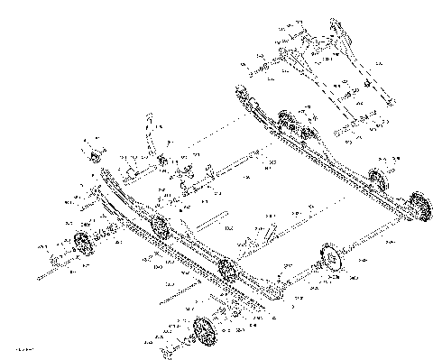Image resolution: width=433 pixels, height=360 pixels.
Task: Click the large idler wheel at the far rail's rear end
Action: tap(416, 205)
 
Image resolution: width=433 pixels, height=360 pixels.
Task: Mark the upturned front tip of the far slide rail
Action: tap(240, 89)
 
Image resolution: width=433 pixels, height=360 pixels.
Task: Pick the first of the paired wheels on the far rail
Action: tap(288, 122)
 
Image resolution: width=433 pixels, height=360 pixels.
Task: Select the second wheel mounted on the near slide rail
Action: tap(226, 269)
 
